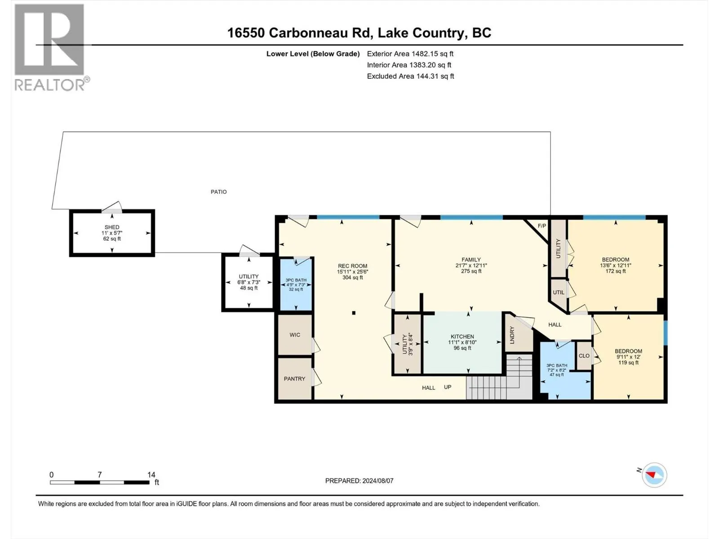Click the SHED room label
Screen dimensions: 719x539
(x=112, y=227)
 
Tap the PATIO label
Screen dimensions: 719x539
(x=218, y=192)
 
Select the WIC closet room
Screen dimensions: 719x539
(x=295, y=335)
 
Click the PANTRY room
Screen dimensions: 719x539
(x=294, y=378)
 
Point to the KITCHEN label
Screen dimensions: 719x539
(x=462, y=336)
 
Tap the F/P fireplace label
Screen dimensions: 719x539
(x=542, y=226)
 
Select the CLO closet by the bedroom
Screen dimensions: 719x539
(x=584, y=356)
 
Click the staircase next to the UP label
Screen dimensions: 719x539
(x=499, y=377)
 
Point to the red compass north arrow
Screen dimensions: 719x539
(x=650, y=474)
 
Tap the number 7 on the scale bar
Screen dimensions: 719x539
(x=100, y=474)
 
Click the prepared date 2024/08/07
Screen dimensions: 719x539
(x=377, y=481)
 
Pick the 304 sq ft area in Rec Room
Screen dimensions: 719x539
(x=352, y=278)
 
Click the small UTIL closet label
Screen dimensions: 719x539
(x=559, y=292)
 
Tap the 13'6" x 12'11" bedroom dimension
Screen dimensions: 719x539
(x=616, y=265)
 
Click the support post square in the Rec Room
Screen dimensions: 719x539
(x=354, y=313)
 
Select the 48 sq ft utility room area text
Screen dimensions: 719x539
(x=249, y=288)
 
